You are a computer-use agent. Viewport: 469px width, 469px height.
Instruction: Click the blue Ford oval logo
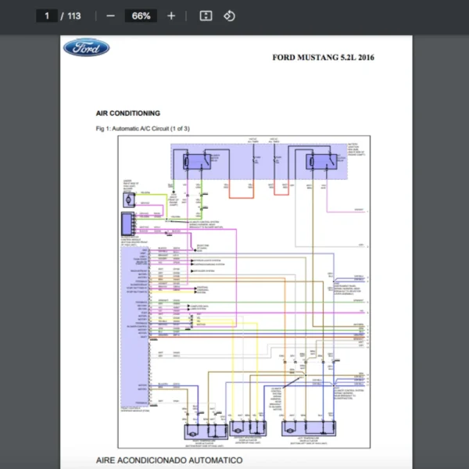click(86, 48)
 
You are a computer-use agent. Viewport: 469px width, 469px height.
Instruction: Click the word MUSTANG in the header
click(321, 57)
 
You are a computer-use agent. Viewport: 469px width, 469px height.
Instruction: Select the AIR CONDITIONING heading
click(128, 113)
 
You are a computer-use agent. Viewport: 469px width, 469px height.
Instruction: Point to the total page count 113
click(74, 16)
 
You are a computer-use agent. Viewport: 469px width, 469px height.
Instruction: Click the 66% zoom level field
click(141, 16)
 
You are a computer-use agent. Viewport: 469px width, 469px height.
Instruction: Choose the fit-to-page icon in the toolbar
click(206, 16)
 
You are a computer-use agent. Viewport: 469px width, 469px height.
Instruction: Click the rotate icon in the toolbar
click(229, 16)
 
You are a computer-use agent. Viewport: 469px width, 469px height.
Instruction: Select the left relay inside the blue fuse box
click(196, 163)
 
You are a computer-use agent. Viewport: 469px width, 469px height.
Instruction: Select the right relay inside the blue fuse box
click(321, 163)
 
